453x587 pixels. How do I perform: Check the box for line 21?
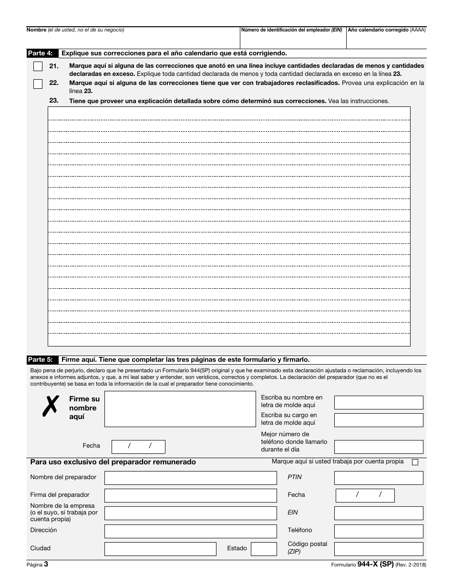pos(38,66)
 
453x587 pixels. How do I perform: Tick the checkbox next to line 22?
pos(38,84)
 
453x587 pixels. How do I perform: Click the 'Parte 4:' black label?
pos(42,53)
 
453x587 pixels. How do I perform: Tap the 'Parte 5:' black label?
pos(42,360)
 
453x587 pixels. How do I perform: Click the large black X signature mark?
pos(51,407)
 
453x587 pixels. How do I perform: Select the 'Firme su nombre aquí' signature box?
pos(180,409)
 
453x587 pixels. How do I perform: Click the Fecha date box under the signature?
pos(138,447)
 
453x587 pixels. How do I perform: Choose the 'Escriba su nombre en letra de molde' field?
pos(379,402)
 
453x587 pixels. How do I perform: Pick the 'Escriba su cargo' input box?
pos(379,420)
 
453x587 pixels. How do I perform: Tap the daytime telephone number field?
pos(379,447)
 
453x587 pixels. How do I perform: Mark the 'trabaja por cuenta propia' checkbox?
pos(415,462)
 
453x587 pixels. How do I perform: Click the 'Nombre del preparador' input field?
pos(190,478)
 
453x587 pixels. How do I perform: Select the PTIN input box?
pos(379,478)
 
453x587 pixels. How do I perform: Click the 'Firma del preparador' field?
pos(190,495)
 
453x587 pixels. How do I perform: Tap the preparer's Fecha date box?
pos(365,495)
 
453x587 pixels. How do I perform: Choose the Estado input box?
pos(264,549)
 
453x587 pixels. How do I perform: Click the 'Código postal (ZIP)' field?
pos(379,549)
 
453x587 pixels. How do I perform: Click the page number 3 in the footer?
pos(46,564)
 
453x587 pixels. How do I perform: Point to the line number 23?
pos(54,101)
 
